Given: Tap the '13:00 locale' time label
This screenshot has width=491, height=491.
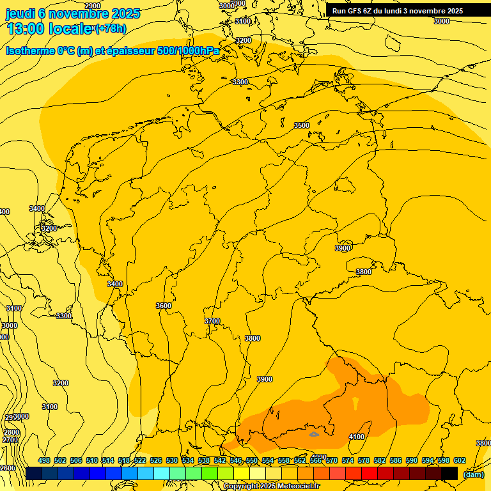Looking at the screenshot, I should click(x=49, y=29).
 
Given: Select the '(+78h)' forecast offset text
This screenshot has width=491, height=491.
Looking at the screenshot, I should click(x=111, y=28).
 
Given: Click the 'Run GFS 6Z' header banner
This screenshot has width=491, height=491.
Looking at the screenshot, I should click(x=397, y=11).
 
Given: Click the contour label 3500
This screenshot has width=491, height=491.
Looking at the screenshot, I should click(x=302, y=125).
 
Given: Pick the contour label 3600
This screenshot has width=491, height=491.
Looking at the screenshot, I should click(x=164, y=306).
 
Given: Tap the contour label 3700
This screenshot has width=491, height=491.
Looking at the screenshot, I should click(x=212, y=321).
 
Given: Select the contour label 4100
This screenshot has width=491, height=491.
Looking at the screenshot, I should click(x=357, y=437).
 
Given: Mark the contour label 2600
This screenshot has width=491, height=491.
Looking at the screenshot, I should click(x=8, y=468).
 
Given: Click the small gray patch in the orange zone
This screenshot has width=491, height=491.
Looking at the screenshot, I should click(x=314, y=434).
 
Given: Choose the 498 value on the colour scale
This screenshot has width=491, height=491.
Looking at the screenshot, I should click(x=44, y=460).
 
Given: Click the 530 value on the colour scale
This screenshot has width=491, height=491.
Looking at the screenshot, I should click(x=172, y=460).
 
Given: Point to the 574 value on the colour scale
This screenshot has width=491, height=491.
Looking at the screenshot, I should click(x=348, y=460).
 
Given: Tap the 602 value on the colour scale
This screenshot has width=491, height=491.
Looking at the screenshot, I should click(x=459, y=460).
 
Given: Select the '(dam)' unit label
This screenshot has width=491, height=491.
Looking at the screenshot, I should click(x=473, y=474).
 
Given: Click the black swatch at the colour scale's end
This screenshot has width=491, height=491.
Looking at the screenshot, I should click(x=449, y=473).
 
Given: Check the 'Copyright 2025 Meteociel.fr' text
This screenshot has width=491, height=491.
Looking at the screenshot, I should click(x=271, y=487).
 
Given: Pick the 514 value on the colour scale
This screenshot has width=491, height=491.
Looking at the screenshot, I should click(x=108, y=460).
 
